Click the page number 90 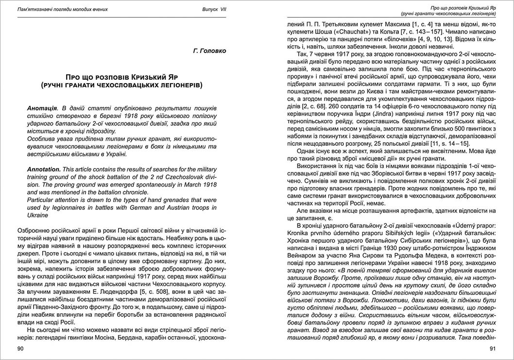[20, 348]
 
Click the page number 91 [492, 348]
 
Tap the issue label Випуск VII [213, 10]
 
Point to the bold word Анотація [41, 106]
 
